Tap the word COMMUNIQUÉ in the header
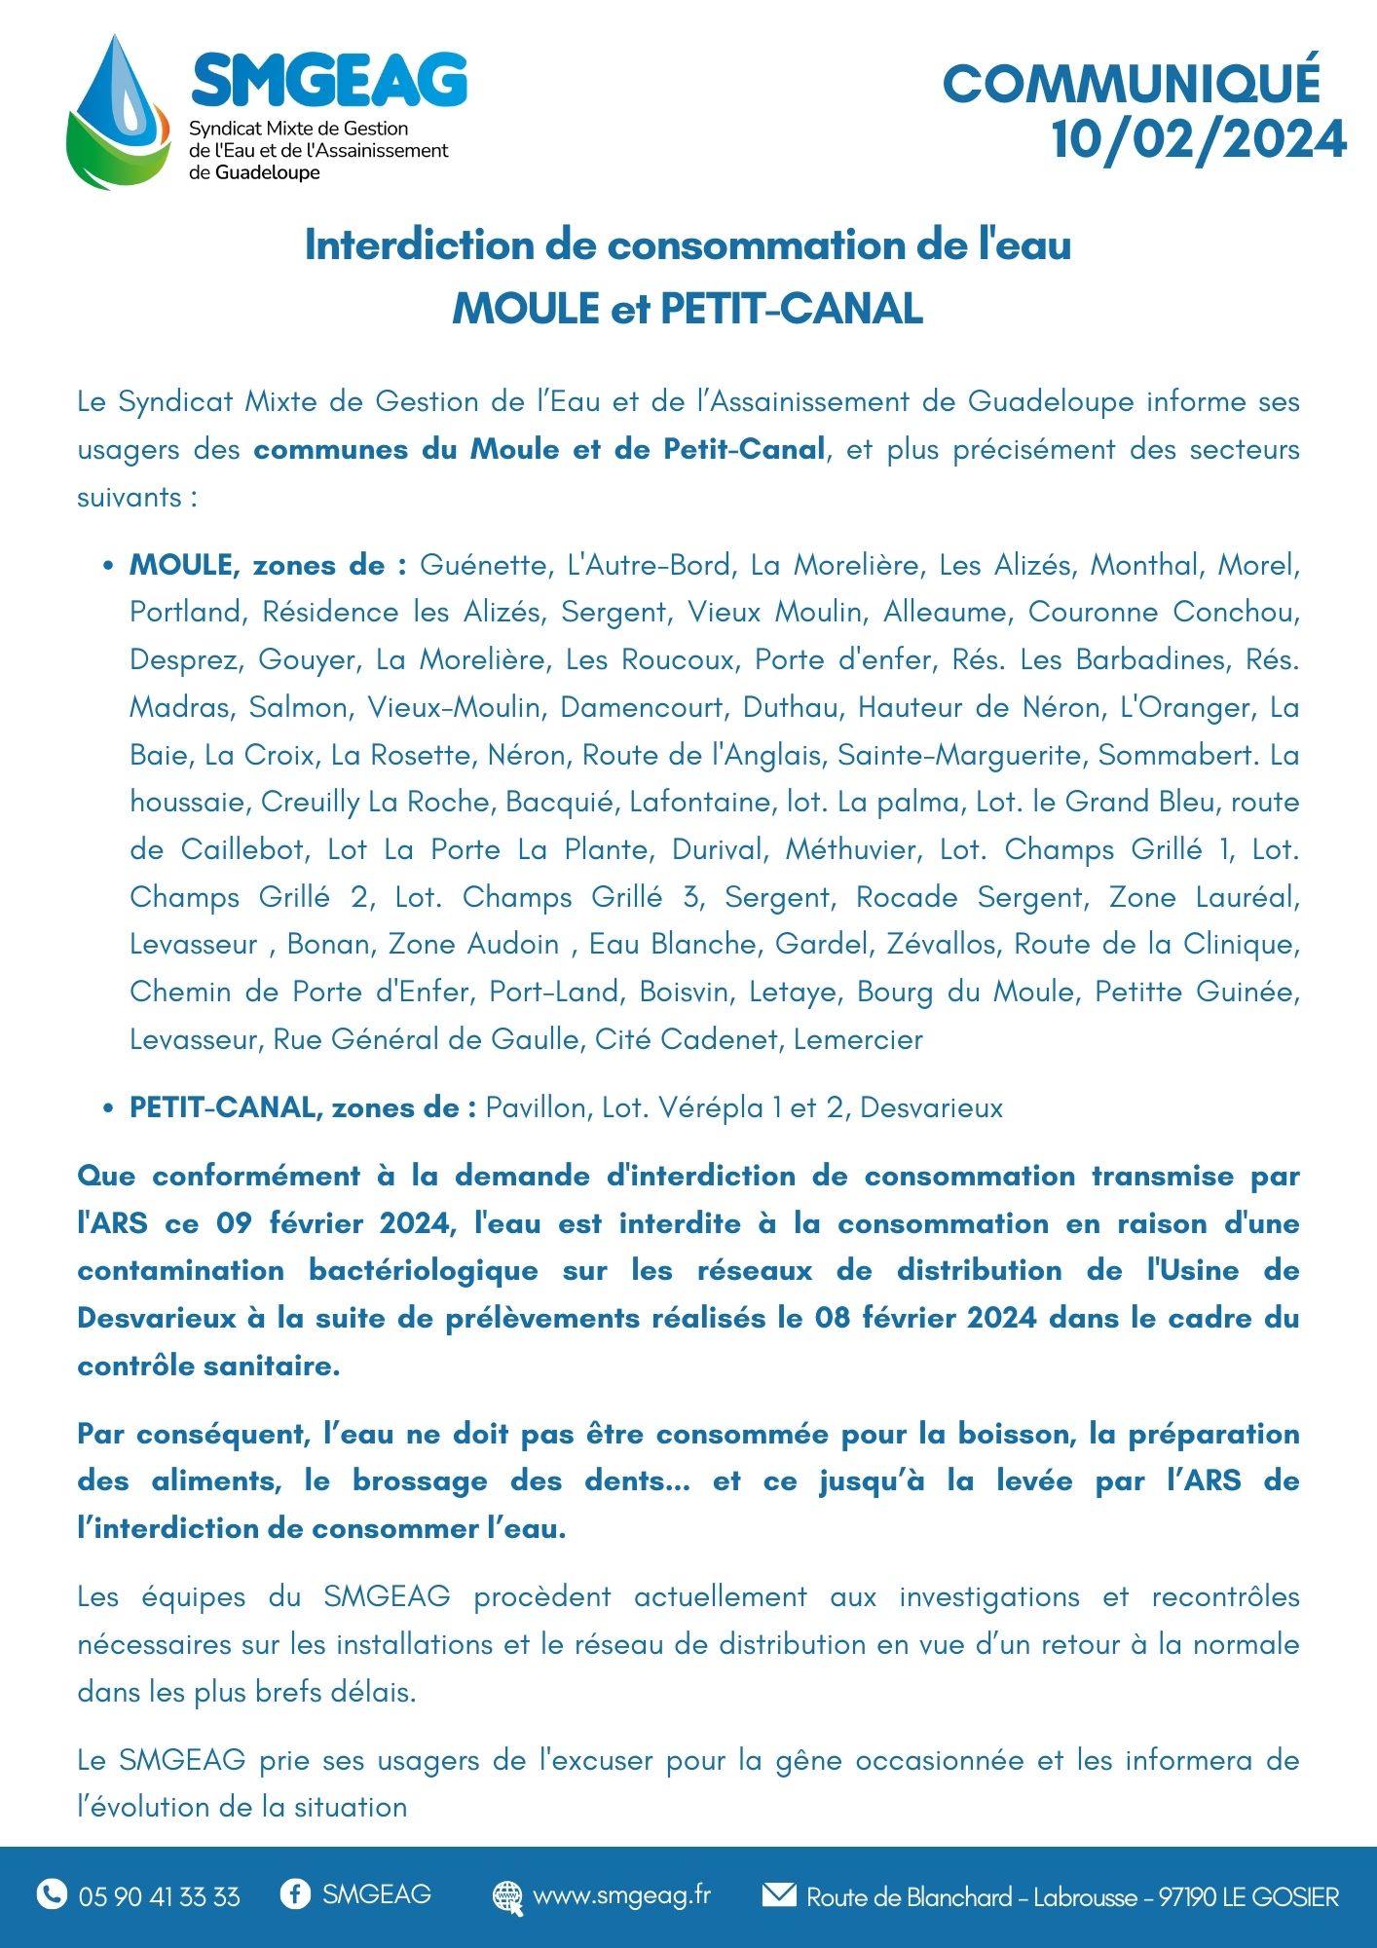[1132, 85]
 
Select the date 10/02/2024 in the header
[1199, 139]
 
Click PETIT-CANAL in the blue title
[792, 309]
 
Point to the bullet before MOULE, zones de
[108, 567]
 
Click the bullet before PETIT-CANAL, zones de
[108, 1109]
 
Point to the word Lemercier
[858, 1039]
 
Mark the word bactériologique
[423, 1270]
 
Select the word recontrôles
[1225, 1596]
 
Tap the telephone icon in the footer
[52, 1894]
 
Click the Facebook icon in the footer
[295, 1893]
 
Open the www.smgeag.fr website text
[621, 1895]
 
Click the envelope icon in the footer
[778, 1894]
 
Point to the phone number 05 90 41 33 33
[159, 1896]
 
